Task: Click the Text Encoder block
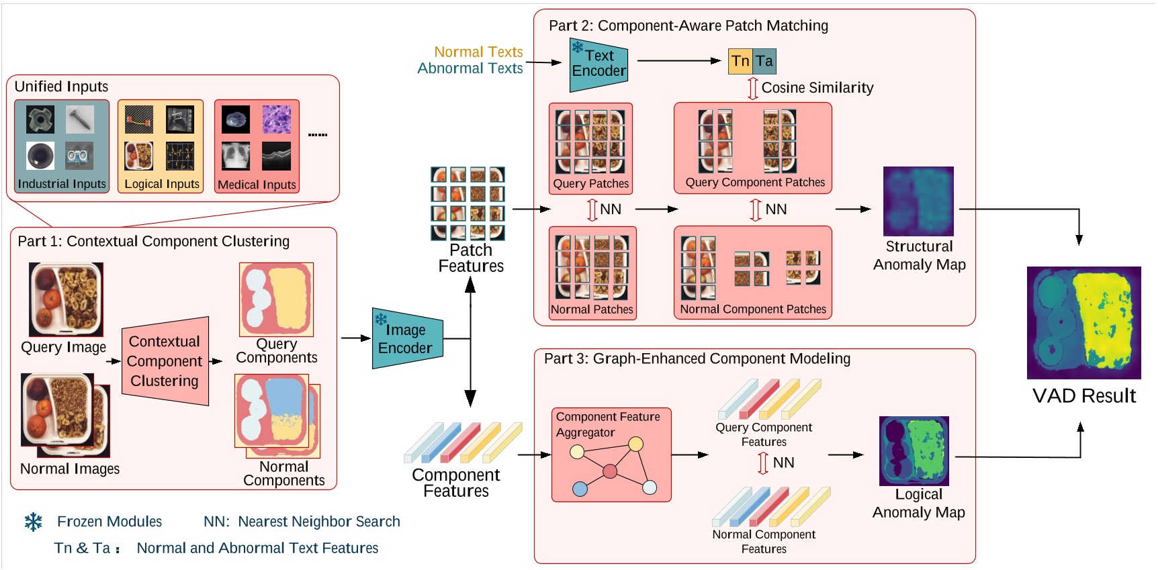[x=598, y=64]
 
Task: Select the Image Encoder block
[x=406, y=339]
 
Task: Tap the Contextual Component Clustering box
[x=165, y=361]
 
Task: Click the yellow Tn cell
[x=740, y=61]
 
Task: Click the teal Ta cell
[x=764, y=61]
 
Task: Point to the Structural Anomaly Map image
[x=918, y=201]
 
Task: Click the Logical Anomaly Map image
[x=914, y=450]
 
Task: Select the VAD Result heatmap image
[x=1083, y=323]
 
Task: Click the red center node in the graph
[x=610, y=471]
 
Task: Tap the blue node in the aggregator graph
[x=580, y=489]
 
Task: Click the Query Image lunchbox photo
[x=66, y=299]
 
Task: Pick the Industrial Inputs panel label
[x=62, y=184]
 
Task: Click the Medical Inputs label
[x=257, y=185]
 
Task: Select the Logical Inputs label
[x=162, y=184]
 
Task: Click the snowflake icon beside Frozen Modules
[x=34, y=522]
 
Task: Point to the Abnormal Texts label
[x=470, y=68]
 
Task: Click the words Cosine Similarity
[x=817, y=88]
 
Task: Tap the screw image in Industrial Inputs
[x=80, y=120]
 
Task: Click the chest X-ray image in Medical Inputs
[x=236, y=156]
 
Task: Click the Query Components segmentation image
[x=276, y=299]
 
